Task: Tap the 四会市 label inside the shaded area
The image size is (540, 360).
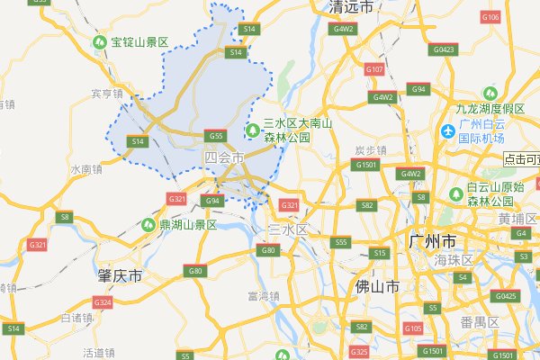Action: point(224,157)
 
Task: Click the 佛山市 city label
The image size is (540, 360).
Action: point(377,287)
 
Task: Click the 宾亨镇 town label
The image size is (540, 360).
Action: point(106,93)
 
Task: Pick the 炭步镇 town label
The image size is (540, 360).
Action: point(369,149)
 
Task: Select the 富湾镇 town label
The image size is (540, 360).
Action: point(264,295)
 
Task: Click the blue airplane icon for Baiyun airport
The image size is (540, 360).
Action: point(447,131)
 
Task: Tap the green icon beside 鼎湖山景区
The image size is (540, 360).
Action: point(148,224)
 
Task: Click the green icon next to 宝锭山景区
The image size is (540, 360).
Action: point(100,41)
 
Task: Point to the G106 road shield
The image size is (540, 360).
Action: point(490,17)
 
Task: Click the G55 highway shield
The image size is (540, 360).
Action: point(215,136)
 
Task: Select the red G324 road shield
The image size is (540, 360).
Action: point(102,302)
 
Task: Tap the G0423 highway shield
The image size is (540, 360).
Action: point(444,49)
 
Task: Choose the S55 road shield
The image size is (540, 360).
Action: point(340,242)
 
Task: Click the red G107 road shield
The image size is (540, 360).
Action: point(374,69)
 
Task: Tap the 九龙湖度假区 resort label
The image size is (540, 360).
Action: point(490,108)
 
